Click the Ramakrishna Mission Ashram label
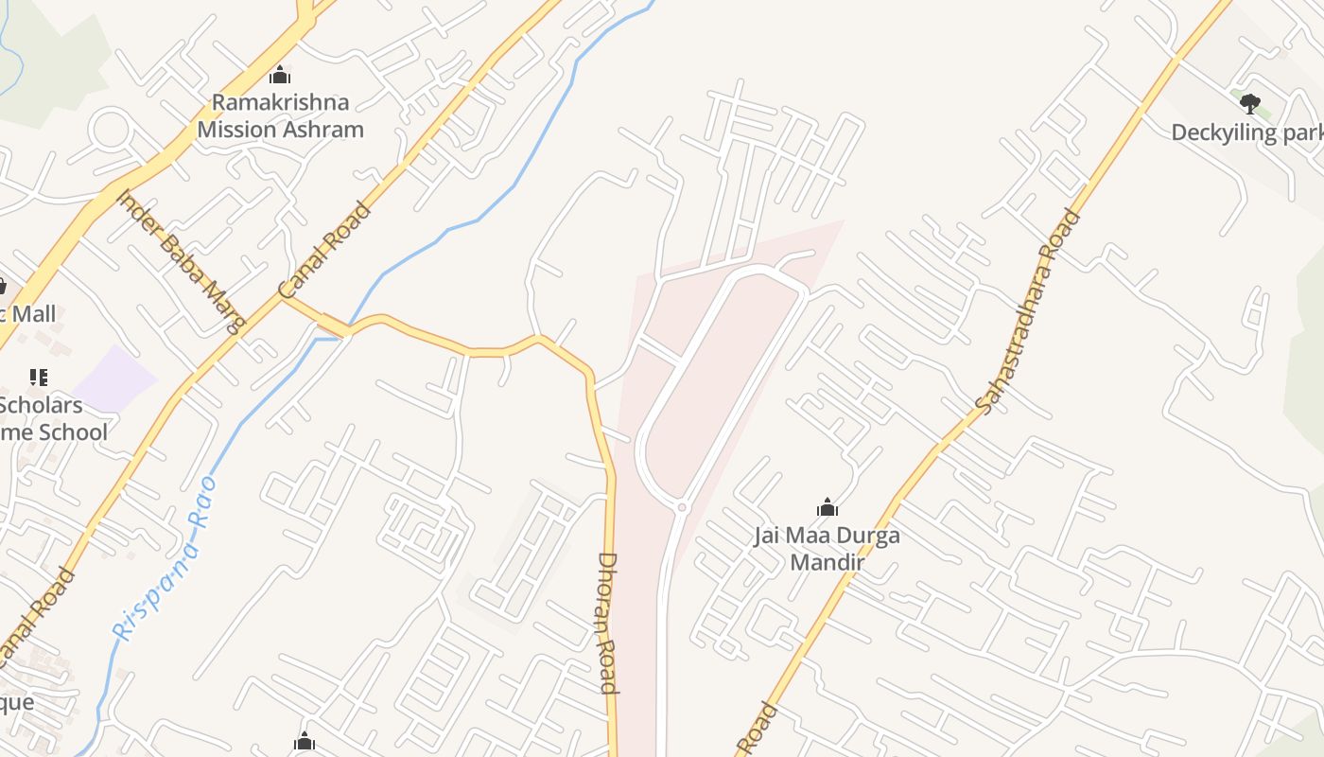(x=280, y=115)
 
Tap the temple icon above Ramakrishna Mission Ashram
(x=280, y=75)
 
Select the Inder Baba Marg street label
(x=180, y=261)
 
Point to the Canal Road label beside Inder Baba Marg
(x=324, y=250)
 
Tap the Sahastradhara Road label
(x=1028, y=311)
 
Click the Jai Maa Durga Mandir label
(x=827, y=549)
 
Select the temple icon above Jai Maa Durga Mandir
(x=827, y=508)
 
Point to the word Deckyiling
(x=1225, y=132)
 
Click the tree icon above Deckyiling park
(x=1250, y=103)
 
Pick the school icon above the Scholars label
(x=39, y=378)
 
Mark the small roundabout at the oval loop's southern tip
(x=681, y=508)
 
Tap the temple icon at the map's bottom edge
(x=304, y=741)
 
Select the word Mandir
(x=827, y=563)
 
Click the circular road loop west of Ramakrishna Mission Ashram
(x=110, y=132)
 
